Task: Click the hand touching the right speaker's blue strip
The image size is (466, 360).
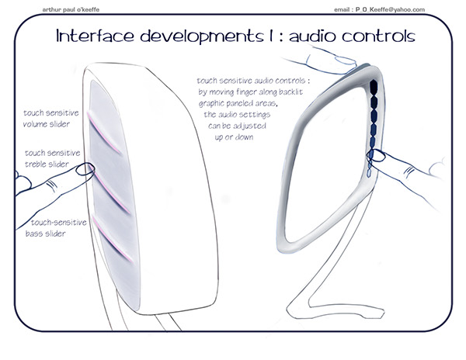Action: (x=408, y=168)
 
